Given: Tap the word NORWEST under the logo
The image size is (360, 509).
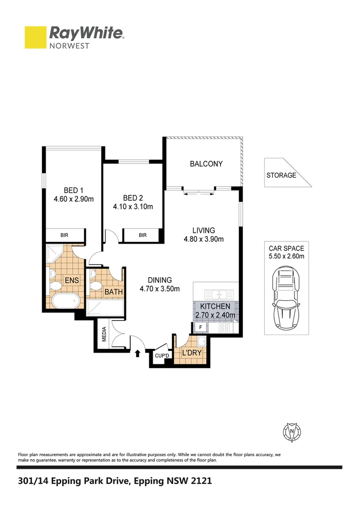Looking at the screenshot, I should click(x=70, y=46).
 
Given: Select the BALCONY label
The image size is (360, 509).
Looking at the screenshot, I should click(x=206, y=164).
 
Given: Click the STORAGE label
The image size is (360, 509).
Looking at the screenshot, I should click(x=281, y=175).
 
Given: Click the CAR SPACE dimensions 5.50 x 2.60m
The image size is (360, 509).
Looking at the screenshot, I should click(x=286, y=256).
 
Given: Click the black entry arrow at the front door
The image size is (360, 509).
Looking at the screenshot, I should click(x=138, y=353).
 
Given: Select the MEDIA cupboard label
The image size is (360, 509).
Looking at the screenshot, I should click(x=105, y=335).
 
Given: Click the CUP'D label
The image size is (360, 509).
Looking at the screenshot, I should click(x=162, y=356).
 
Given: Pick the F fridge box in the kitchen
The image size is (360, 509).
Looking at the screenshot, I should click(x=201, y=327).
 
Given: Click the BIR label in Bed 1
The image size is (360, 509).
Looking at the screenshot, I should click(x=65, y=235).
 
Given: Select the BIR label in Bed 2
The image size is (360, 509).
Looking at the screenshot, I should click(x=143, y=235).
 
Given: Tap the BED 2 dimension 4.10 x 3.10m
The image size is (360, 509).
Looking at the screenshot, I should click(x=132, y=206).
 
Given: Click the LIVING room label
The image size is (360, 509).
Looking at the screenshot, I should click(x=204, y=230).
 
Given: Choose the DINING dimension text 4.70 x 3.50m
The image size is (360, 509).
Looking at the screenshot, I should click(x=159, y=288).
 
